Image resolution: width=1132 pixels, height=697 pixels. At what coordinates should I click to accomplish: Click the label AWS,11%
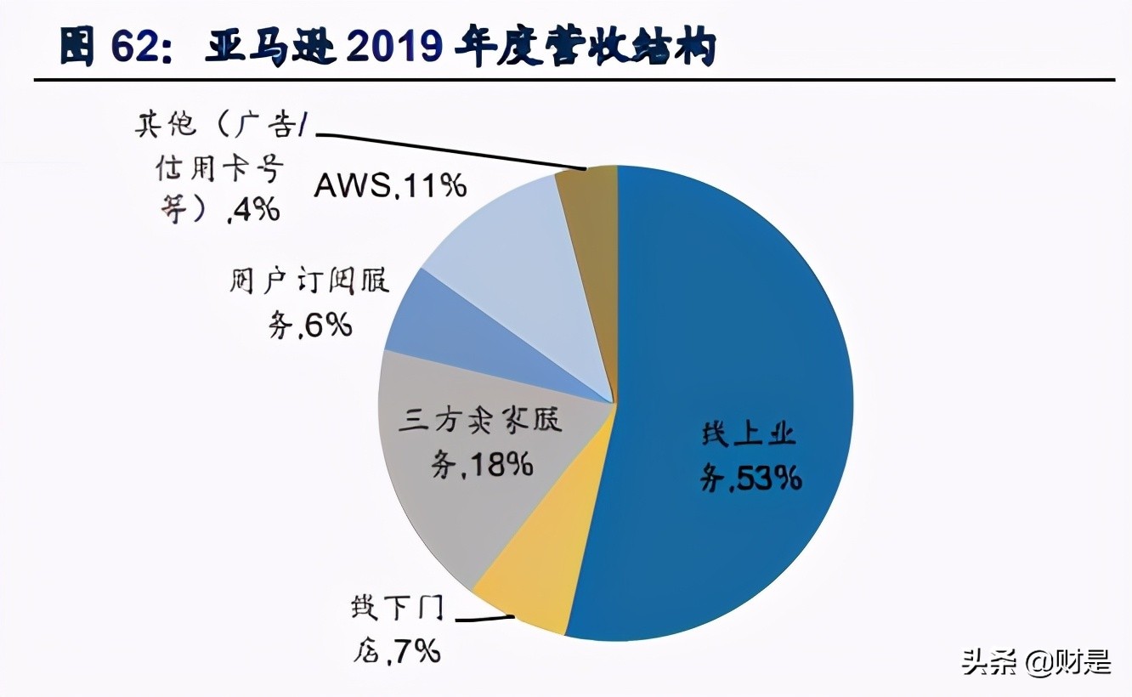click(390, 185)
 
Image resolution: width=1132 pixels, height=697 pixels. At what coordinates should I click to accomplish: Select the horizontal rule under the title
click(574, 81)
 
